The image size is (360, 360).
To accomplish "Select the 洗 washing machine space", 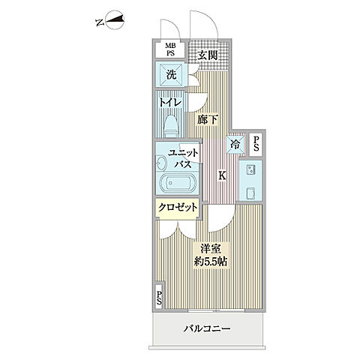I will point(171,75).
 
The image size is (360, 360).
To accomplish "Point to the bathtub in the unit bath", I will point(176,184).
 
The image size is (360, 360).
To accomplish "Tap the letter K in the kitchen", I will point(222,176).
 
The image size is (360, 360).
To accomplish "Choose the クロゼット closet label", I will point(177,208).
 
